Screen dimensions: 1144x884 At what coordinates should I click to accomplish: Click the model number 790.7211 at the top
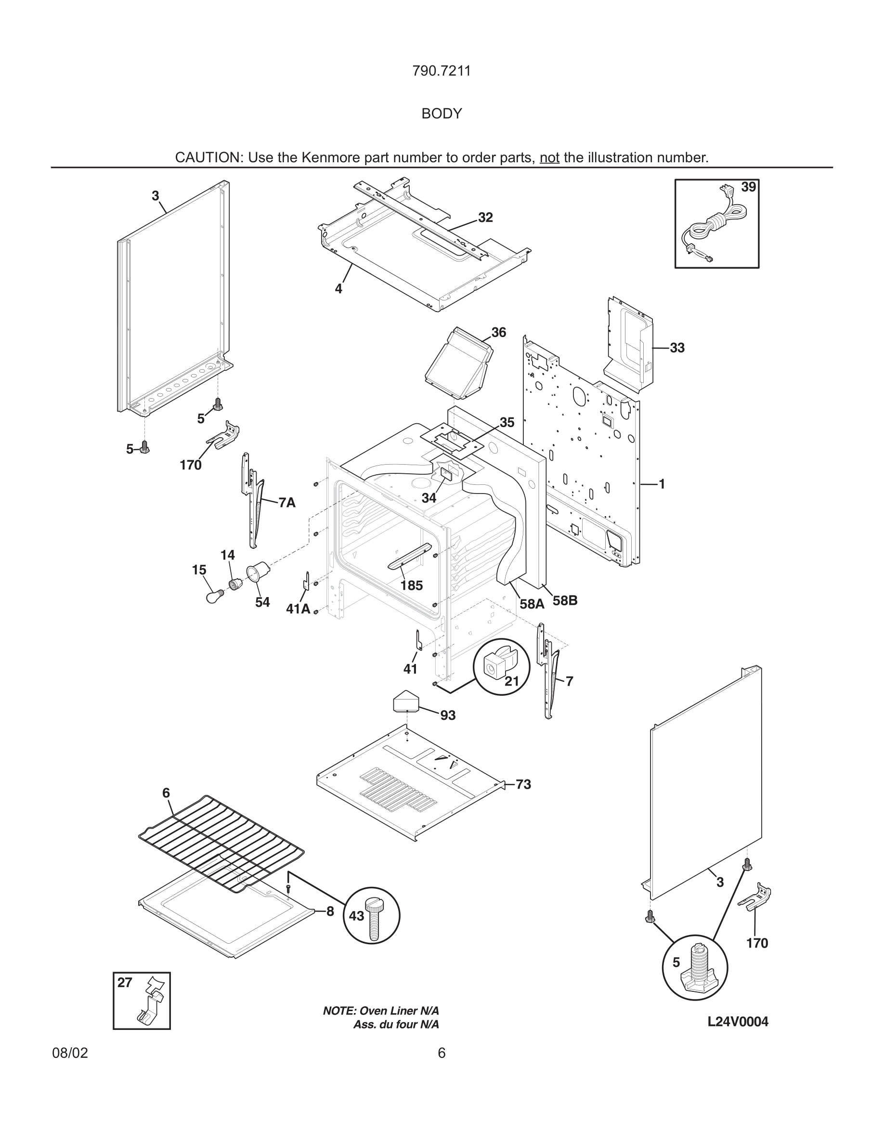point(442,71)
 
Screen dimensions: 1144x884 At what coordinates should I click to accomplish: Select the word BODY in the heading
point(442,114)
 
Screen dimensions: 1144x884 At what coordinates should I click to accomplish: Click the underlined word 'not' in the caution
point(549,157)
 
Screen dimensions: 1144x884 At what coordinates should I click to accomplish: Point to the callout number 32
point(485,217)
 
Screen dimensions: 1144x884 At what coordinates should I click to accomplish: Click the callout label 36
point(498,332)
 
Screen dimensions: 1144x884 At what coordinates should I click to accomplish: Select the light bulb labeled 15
point(215,596)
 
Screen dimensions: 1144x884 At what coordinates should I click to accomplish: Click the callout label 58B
point(565,601)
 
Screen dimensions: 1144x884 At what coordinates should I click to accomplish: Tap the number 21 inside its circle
point(512,681)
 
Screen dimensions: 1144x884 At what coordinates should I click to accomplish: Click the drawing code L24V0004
point(737,1021)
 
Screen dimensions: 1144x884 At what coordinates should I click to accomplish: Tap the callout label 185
point(412,585)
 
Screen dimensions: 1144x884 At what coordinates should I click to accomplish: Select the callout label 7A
point(287,503)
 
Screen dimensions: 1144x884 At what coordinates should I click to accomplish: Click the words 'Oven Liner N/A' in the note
point(399,1011)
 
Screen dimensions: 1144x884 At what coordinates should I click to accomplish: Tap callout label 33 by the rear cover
point(677,348)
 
